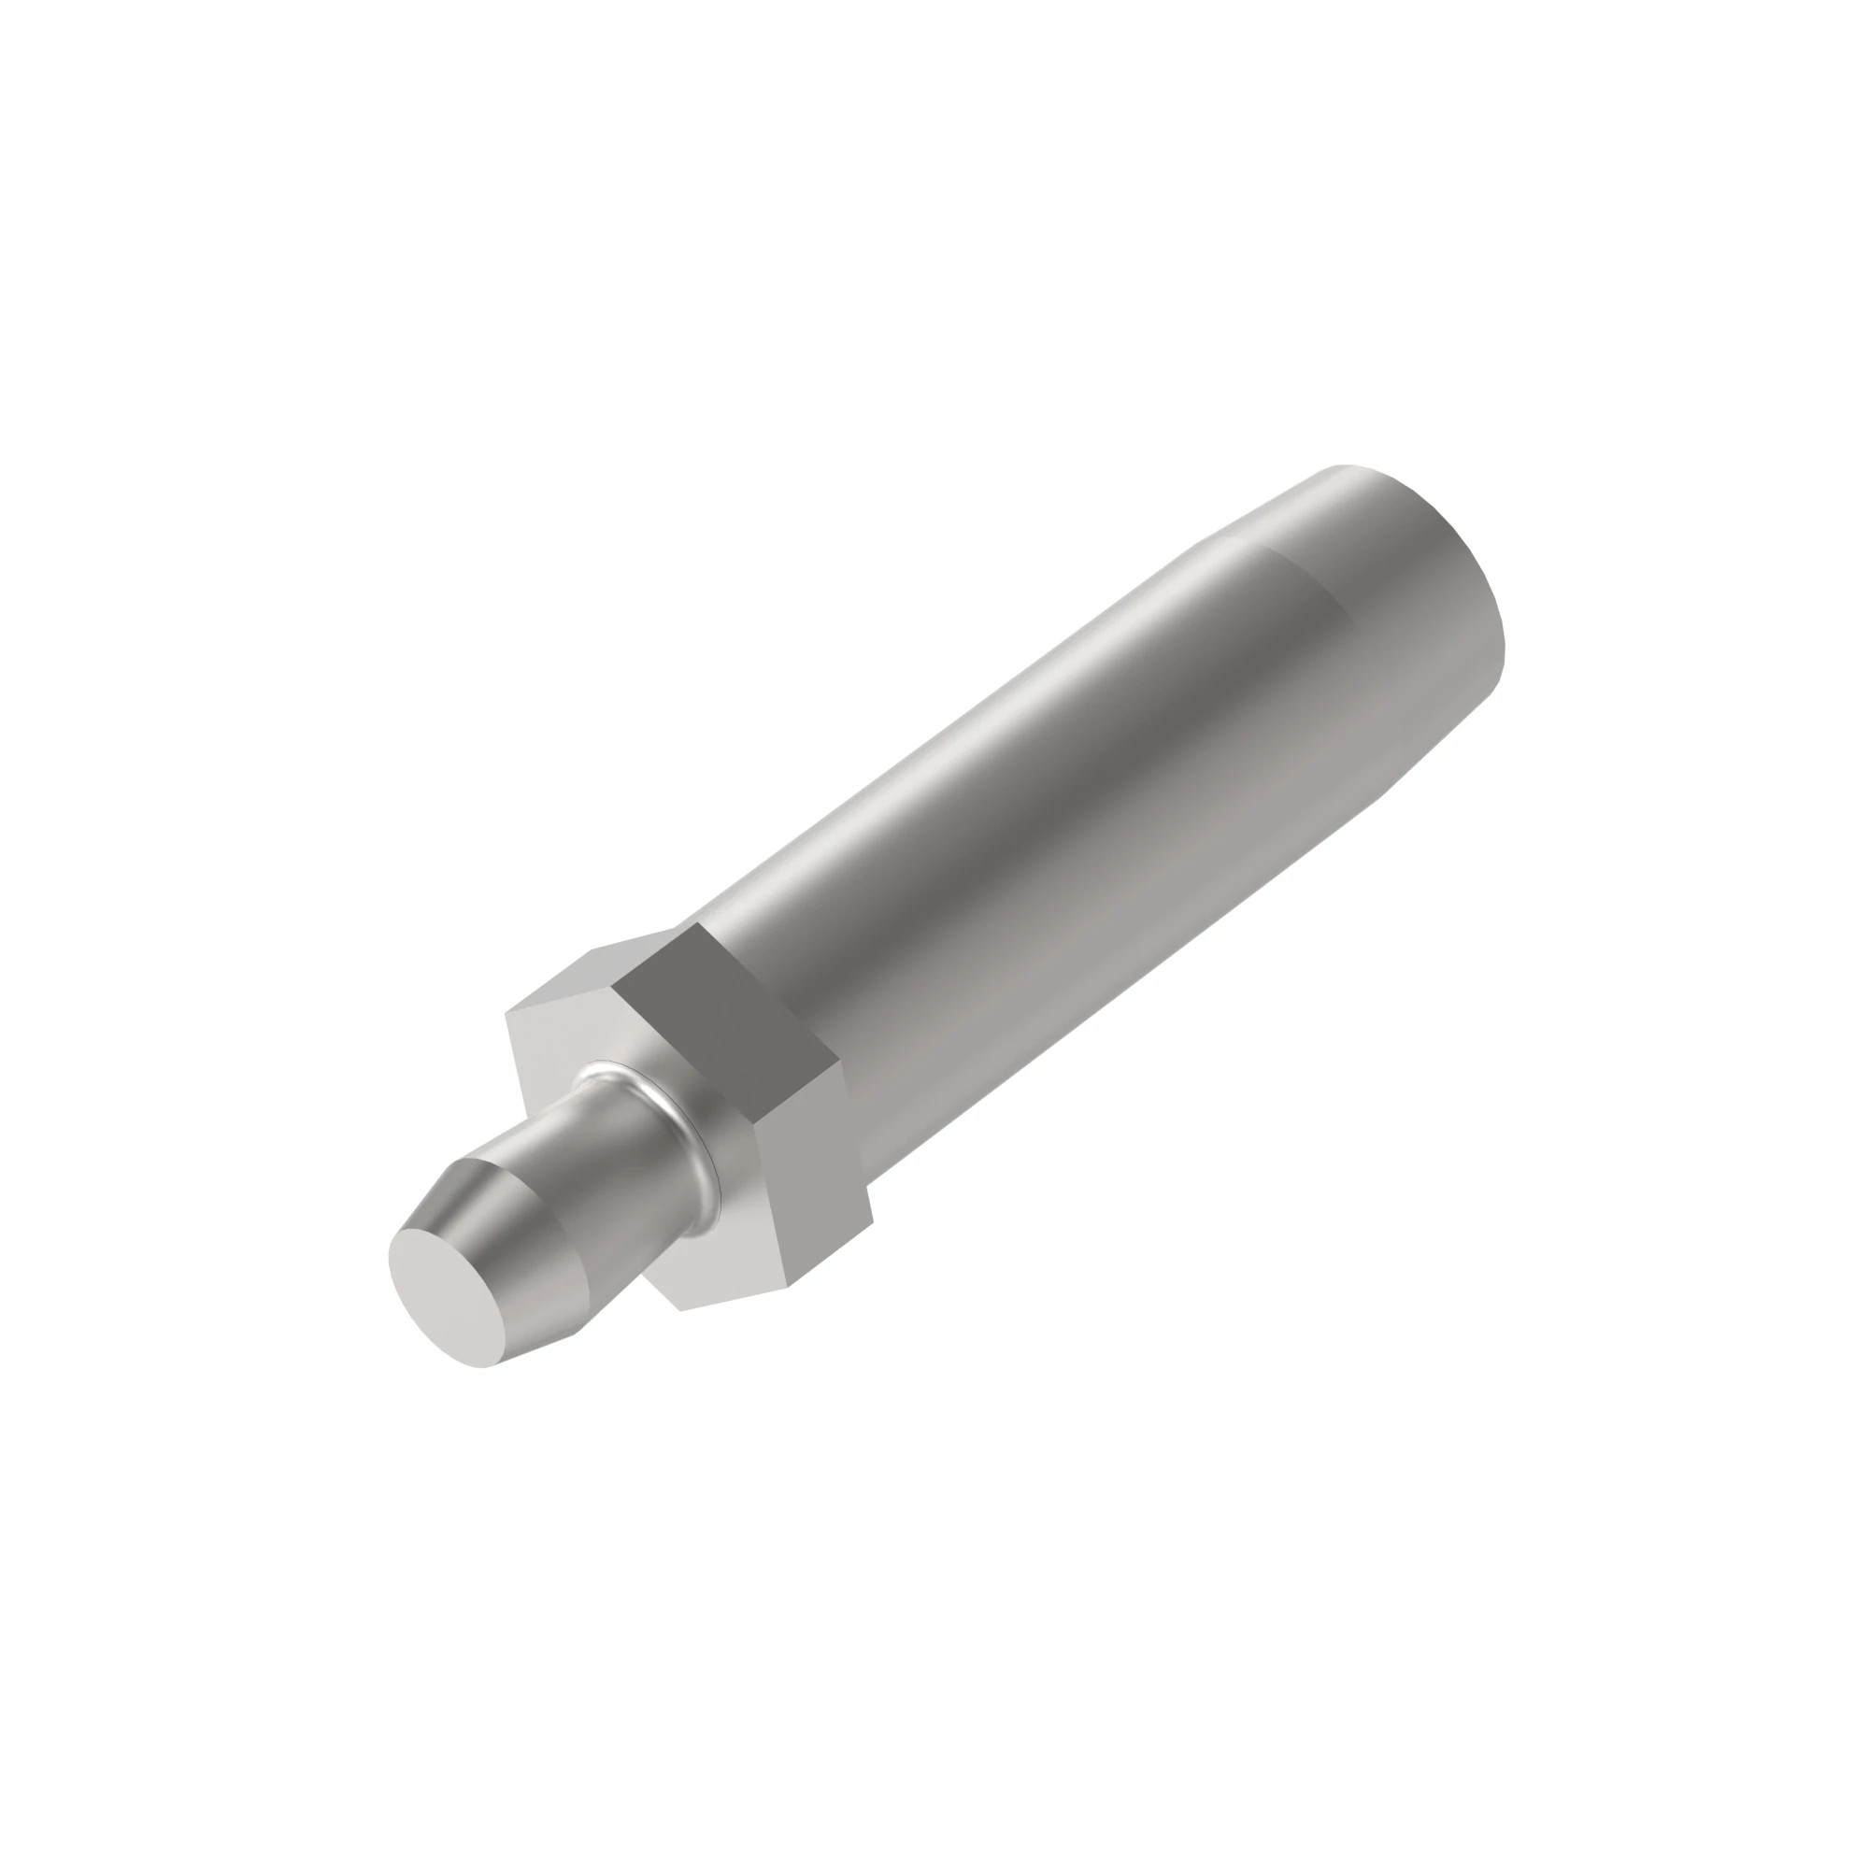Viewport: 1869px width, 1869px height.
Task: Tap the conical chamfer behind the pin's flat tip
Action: tap(522, 1248)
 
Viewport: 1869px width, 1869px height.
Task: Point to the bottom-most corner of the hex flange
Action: tap(680, 1311)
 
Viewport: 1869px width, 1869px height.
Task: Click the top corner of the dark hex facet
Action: tap(694, 924)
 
